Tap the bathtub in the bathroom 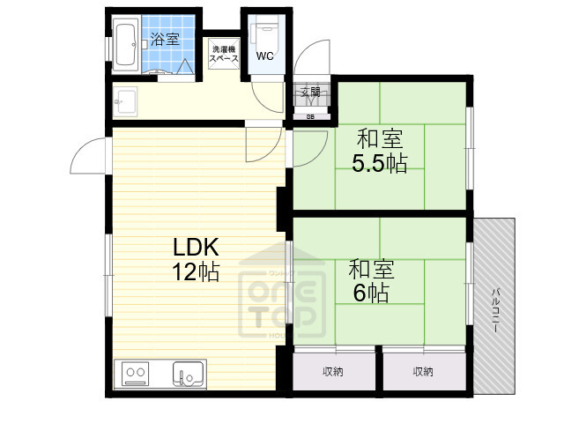124,46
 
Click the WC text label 263,56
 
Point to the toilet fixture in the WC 263,35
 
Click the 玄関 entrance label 310,92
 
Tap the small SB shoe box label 310,115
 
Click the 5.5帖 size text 381,163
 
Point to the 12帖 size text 195,272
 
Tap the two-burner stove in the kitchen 136,374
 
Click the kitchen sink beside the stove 188,374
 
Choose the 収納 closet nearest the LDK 332,372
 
